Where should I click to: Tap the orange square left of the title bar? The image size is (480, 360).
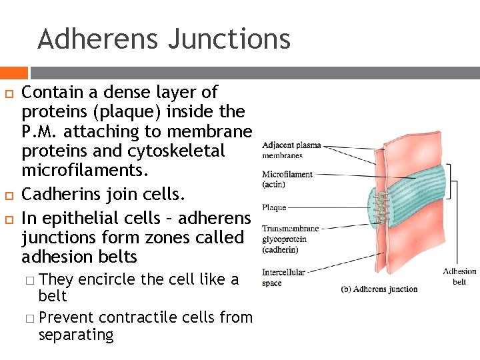click(x=13, y=72)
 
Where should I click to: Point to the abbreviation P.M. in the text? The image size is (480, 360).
click(x=44, y=131)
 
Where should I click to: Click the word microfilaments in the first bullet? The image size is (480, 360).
click(x=84, y=171)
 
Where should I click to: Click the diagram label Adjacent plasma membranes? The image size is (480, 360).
click(x=291, y=150)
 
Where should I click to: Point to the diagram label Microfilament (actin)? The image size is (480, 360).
click(x=287, y=179)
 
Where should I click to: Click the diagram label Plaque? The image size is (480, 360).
click(x=274, y=207)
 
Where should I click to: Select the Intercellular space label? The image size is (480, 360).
click(x=283, y=277)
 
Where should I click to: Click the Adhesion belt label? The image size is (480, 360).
click(x=460, y=276)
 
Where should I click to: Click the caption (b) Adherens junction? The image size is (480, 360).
click(x=379, y=289)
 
